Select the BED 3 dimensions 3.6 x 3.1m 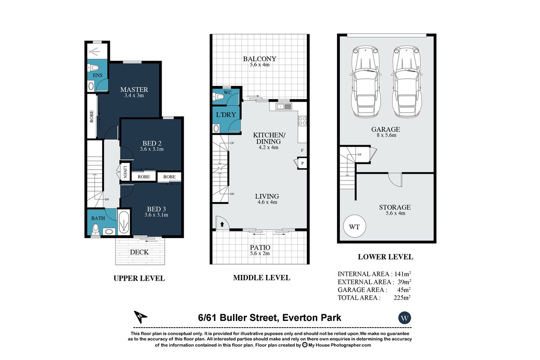click(x=156, y=215)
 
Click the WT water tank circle click(x=354, y=226)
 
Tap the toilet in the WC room click(x=219, y=96)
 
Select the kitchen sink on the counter click(x=285, y=107)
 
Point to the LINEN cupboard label click(x=125, y=173)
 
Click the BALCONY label click(x=259, y=59)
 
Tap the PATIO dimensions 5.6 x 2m click(x=259, y=253)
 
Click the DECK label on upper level click(x=139, y=252)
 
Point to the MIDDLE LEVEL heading click(x=261, y=278)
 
